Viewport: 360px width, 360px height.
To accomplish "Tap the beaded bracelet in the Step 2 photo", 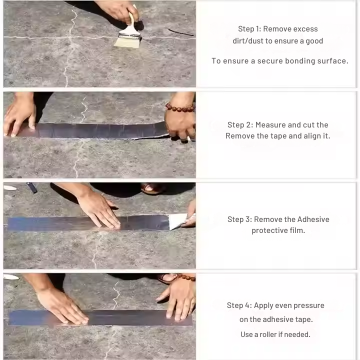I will (x=180, y=107).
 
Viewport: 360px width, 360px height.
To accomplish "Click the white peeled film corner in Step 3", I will (x=177, y=221).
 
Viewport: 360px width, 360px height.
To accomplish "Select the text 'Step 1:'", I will (x=250, y=29).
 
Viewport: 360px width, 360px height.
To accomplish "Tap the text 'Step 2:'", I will (x=239, y=125).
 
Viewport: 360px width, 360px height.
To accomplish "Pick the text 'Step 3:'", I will (x=239, y=219).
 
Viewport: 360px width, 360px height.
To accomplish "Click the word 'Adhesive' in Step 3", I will (x=313, y=219).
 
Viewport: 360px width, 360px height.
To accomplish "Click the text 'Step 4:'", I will (x=239, y=305).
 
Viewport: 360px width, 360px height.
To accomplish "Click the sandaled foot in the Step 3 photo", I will (x=152, y=188).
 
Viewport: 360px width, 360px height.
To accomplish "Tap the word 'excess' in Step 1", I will (x=305, y=29).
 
